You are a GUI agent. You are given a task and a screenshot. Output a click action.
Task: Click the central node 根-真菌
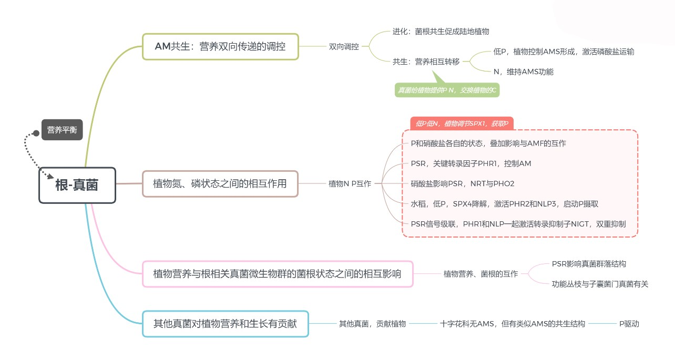[77, 185]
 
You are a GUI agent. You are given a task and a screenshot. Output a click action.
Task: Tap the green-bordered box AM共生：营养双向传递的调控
[220, 47]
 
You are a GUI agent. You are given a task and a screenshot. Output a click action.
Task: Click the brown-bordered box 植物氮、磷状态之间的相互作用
[220, 184]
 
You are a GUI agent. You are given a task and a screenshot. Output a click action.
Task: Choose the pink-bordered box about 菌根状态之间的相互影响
[278, 274]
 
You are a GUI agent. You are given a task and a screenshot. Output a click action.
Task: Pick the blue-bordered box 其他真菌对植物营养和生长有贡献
[225, 324]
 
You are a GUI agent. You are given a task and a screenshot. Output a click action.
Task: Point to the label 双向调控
[344, 47]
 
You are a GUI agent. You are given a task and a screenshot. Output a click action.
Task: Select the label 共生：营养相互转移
[426, 61]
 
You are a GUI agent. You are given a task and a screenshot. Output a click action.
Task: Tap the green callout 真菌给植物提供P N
[446, 90]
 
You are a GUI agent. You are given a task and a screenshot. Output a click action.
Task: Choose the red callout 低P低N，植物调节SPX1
[462, 124]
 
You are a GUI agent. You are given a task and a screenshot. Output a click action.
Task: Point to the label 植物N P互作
[350, 184]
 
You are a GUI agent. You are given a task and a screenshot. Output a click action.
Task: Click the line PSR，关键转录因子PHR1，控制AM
[471, 163]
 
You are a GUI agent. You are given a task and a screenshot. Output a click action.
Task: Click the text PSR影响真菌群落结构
[589, 264]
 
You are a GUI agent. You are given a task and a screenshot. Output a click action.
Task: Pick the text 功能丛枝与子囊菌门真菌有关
[600, 284]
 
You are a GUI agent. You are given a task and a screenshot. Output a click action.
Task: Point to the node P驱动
[629, 324]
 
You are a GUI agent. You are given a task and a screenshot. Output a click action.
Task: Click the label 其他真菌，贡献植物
[372, 324]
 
